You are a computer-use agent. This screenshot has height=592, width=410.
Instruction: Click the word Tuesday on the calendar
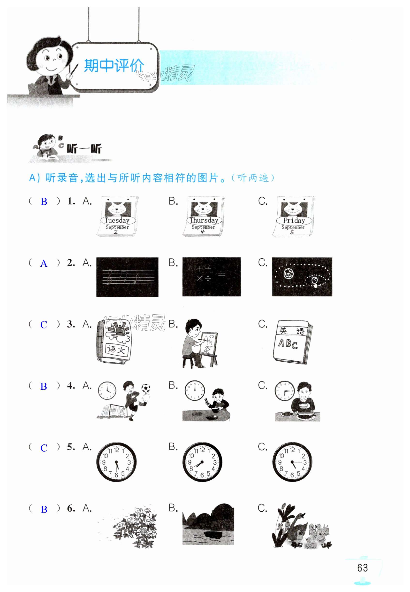click(x=117, y=220)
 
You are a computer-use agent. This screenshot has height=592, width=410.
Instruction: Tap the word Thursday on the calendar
click(x=204, y=220)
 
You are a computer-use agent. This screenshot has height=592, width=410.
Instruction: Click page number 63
click(x=363, y=568)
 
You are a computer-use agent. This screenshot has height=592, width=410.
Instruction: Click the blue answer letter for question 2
click(x=44, y=264)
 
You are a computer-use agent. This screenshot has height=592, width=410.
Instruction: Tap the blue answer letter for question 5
click(x=44, y=448)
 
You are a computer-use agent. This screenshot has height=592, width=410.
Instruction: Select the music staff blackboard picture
click(x=127, y=277)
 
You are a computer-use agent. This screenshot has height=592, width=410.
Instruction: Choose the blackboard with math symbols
click(x=212, y=277)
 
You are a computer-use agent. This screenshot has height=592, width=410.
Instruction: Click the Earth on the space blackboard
click(x=289, y=274)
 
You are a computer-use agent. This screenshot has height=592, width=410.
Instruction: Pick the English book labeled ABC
click(x=293, y=342)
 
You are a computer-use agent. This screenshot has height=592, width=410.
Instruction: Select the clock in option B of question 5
click(x=202, y=462)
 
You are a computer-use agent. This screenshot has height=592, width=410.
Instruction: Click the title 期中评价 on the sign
click(x=114, y=66)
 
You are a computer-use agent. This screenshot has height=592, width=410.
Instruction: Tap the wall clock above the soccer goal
click(x=107, y=391)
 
